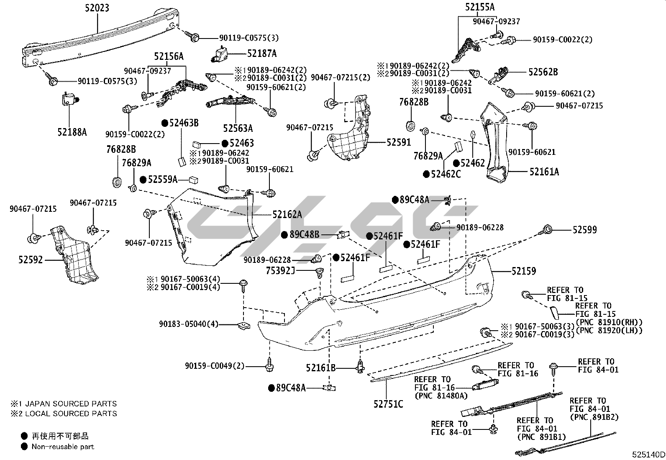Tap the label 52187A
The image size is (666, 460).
coord(262,54)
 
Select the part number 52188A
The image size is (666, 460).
coord(72,132)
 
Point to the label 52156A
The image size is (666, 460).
coord(169,56)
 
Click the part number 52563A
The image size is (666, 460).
coord(238,128)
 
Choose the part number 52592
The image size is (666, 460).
coord(31,260)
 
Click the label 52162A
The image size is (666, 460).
coord(287,214)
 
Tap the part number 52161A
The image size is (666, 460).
coord(544,172)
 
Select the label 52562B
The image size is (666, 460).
coord(543,72)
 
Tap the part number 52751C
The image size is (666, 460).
coord(389,404)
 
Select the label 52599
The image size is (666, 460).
coord(585,229)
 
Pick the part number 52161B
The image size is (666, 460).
coord(320,368)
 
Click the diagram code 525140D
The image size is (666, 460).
coord(648,455)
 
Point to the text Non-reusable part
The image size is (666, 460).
coord(63,447)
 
